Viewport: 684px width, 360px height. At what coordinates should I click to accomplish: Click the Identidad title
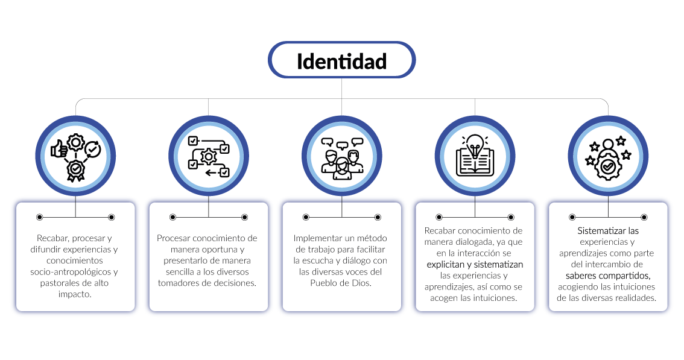tap(341, 61)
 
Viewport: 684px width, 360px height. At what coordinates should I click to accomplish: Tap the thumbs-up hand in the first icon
tap(60, 149)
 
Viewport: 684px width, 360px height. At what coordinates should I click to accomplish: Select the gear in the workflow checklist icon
tap(209, 157)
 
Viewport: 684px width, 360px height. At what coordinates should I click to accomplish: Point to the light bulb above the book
tap(475, 144)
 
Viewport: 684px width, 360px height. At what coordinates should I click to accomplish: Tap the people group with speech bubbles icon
tap(342, 158)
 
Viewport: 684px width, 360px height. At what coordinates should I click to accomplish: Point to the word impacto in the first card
tap(75, 294)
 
